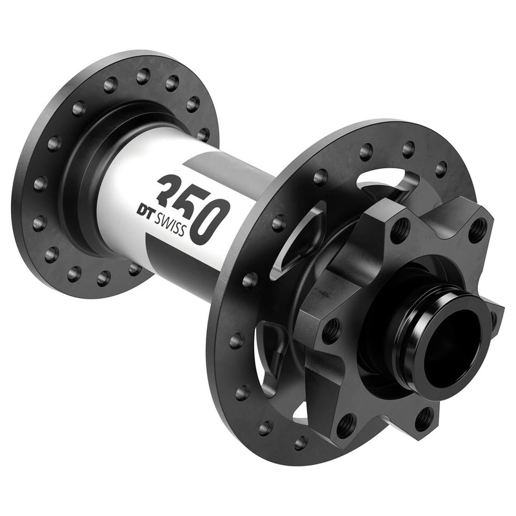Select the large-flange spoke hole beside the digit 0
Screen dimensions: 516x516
click(x=279, y=223)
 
